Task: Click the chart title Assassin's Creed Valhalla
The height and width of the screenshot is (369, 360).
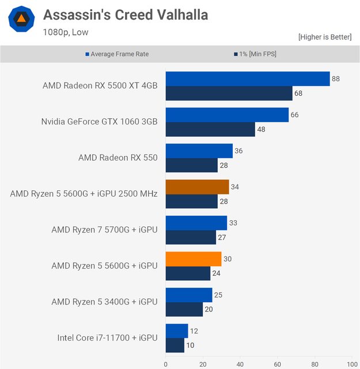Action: pos(125,14)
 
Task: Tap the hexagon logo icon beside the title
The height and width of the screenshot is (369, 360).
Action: pos(21,19)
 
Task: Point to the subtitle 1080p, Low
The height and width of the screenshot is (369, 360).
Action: pos(65,32)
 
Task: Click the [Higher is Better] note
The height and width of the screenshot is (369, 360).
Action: pos(324,37)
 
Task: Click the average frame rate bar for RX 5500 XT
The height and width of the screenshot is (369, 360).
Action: pos(247,79)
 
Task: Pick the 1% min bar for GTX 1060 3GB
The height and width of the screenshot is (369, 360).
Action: pos(210,129)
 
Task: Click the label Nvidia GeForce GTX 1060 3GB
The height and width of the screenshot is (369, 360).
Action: pos(99,122)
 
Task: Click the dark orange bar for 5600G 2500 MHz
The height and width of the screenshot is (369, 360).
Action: pos(197,187)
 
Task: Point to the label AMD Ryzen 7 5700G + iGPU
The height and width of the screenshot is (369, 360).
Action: pos(104,230)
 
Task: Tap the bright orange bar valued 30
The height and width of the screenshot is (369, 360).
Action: pos(194,259)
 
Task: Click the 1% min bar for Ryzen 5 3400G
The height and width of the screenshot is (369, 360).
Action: pos(184,310)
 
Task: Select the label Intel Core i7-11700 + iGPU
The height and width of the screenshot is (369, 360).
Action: pos(107,338)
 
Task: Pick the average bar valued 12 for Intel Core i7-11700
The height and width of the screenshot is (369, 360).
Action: pos(177,331)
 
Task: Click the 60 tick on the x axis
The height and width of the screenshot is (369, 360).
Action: pos(277,364)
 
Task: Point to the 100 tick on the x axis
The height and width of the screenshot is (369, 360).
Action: pos(351,364)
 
